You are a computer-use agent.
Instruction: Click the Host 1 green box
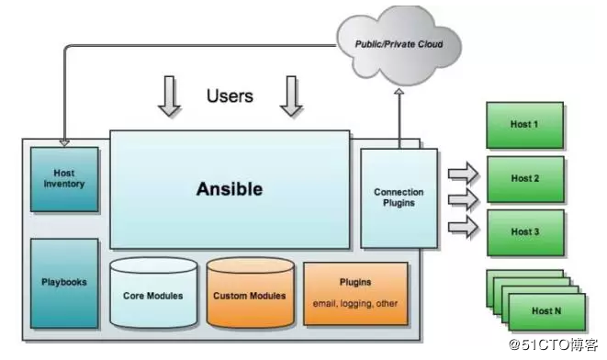tap(523, 123)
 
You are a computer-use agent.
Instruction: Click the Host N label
tap(546, 311)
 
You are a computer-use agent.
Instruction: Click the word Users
tap(230, 96)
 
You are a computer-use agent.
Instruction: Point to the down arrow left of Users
tap(170, 98)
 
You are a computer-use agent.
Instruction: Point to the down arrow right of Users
tap(291, 98)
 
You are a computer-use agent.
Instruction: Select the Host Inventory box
tap(64, 178)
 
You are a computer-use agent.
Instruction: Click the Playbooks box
tap(64, 282)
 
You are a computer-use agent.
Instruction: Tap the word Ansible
tap(229, 189)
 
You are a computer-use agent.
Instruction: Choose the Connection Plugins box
tap(399, 197)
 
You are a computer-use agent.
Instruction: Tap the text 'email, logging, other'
tap(354, 303)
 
